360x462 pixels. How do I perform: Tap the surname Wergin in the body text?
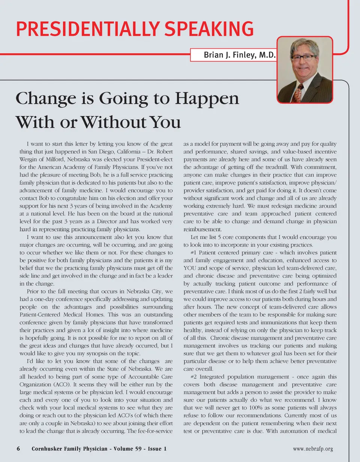pos(28,160)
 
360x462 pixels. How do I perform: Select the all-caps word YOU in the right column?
pos(191,268)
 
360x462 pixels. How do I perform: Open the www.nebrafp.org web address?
pos(313,449)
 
